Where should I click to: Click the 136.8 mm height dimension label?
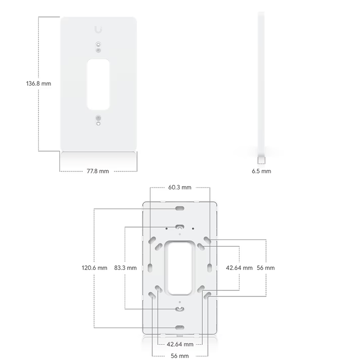click(39, 83)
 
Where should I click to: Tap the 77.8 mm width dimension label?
click(97, 171)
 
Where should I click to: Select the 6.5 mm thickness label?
click(261, 171)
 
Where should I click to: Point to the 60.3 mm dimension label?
click(180, 187)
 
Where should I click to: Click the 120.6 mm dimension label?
click(94, 268)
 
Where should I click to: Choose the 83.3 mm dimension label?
click(126, 268)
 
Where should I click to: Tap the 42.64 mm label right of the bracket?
click(239, 268)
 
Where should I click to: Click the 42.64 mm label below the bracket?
click(180, 344)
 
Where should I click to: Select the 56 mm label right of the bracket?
click(266, 268)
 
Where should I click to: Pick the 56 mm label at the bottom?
click(180, 356)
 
